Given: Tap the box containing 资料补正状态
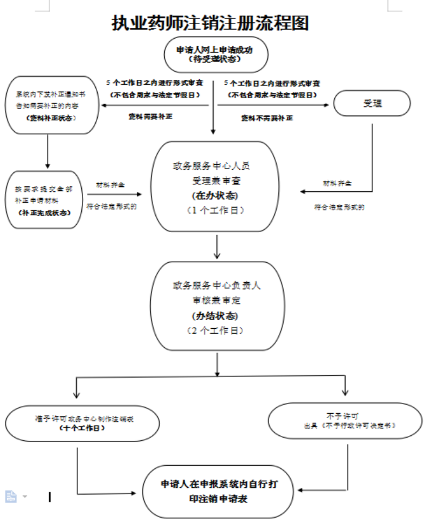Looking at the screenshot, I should [x=49, y=104].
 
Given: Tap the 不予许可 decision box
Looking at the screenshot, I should [x=344, y=420].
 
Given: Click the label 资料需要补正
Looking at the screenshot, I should [x=150, y=117].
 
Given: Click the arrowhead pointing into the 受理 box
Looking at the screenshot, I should [x=330, y=103].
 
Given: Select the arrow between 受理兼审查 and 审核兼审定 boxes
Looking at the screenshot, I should [x=218, y=247].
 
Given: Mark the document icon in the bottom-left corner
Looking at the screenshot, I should [x=11, y=496].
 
